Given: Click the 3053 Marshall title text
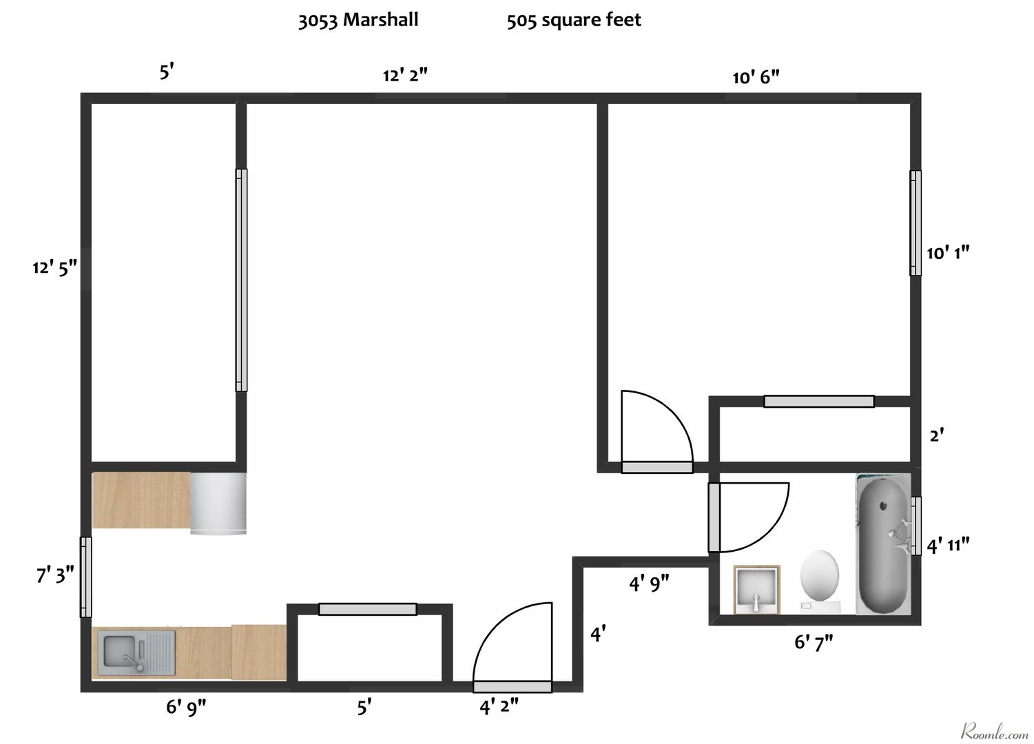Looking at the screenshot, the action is click(358, 21).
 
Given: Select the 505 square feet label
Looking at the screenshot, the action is click(574, 21).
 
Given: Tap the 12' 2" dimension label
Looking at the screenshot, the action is click(405, 75).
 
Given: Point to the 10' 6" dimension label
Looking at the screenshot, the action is click(756, 77).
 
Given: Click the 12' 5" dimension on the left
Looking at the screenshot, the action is click(54, 268).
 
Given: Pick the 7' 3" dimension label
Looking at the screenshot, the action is click(55, 575).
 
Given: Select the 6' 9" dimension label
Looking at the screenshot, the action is click(186, 706).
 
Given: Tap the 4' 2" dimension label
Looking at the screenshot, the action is click(499, 706).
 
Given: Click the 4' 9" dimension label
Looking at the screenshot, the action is click(649, 584).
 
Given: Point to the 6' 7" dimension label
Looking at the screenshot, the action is click(814, 643).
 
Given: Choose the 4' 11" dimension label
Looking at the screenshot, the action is click(948, 546).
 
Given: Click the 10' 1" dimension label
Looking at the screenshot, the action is click(948, 253).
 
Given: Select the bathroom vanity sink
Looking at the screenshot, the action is click(756, 590).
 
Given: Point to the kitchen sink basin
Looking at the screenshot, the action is click(119, 652).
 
